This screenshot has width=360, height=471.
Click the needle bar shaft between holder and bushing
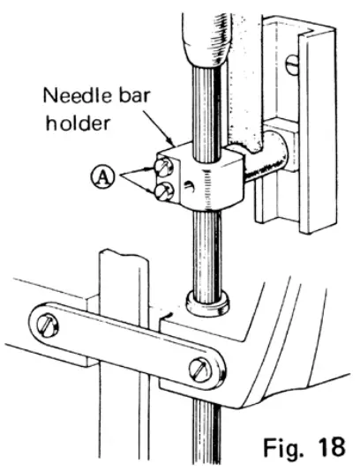208,247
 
